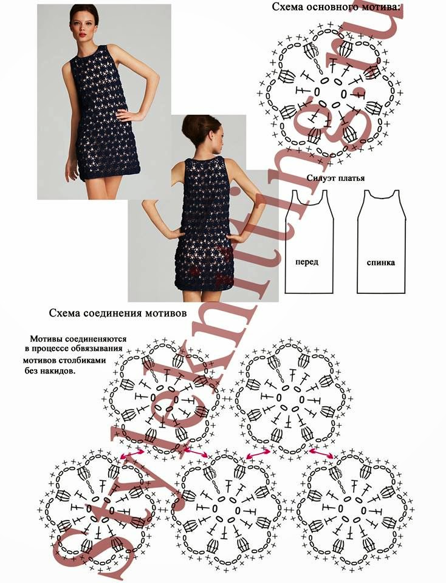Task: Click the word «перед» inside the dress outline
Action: (x=307, y=262)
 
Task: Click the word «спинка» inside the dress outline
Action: (x=381, y=262)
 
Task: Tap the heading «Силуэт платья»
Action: (x=335, y=178)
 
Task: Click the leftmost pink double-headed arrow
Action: (x=132, y=454)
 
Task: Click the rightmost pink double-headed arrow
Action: (x=321, y=453)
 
